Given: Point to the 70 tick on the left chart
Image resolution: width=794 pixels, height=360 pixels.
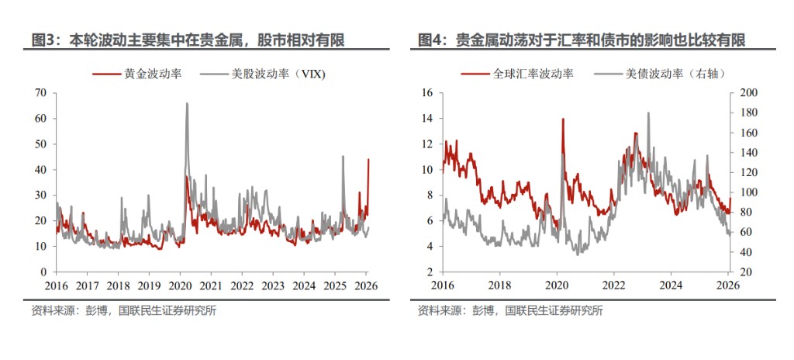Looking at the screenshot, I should coord(41,93).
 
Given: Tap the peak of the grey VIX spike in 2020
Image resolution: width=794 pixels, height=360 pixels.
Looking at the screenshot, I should coord(187,103).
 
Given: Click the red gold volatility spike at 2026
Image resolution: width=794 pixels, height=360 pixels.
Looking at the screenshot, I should coord(368,160).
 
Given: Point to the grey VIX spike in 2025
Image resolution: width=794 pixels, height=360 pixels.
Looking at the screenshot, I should coord(343,156).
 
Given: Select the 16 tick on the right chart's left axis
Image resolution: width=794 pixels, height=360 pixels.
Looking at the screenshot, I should coord(427,93).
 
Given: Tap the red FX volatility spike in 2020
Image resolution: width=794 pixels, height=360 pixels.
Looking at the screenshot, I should coord(561,119).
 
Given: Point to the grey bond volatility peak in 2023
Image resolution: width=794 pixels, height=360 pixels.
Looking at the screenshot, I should coord(648,112).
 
